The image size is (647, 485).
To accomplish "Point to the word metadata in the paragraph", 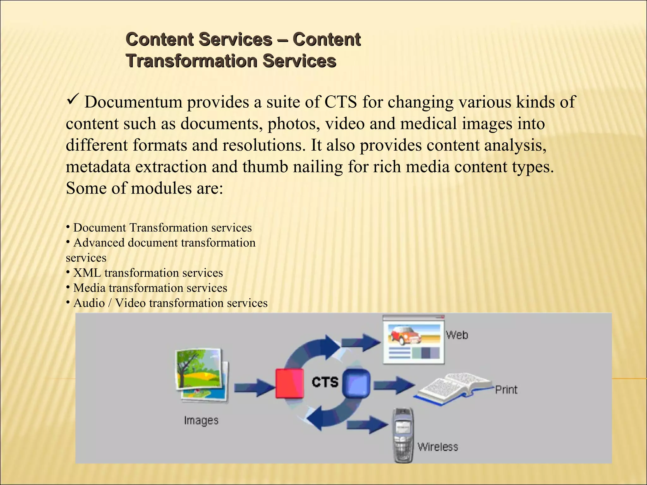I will click(98, 167).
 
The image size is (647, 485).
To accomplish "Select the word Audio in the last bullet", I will click(89, 303).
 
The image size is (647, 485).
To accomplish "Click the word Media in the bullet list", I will click(89, 288).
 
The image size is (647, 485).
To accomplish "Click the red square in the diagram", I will click(289, 383).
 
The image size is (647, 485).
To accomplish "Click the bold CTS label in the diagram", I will click(325, 382).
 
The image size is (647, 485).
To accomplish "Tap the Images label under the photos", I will click(201, 421).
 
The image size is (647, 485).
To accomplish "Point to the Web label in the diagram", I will click(457, 335).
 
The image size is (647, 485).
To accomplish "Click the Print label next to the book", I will click(506, 390).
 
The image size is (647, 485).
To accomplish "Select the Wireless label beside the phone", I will click(438, 447).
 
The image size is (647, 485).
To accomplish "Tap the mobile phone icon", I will click(403, 436).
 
